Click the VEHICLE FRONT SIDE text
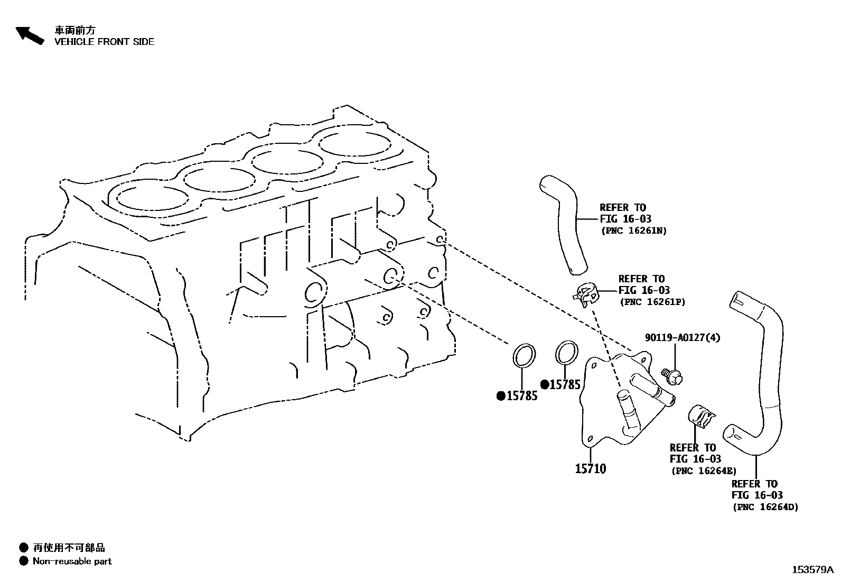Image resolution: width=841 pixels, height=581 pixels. pos(104,42)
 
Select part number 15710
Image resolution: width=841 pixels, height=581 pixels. pos(591,468)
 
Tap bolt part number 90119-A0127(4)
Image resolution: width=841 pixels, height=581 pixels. pos(683,337)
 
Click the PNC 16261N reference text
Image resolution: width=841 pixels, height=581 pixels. pos(634,230)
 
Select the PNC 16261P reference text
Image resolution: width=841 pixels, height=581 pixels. pos(652,302)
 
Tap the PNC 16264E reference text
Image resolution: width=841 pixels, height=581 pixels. pos(703,471)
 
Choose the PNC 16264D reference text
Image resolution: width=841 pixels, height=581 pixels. pos(765,507)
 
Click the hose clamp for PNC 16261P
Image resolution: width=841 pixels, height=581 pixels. pos(586,294)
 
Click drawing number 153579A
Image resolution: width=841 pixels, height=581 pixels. pos(812,570)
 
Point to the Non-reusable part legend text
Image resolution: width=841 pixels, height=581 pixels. pos(72,561)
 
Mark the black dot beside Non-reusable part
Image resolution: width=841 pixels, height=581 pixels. pos(23,561)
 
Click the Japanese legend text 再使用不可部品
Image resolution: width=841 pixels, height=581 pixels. pos(69,548)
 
